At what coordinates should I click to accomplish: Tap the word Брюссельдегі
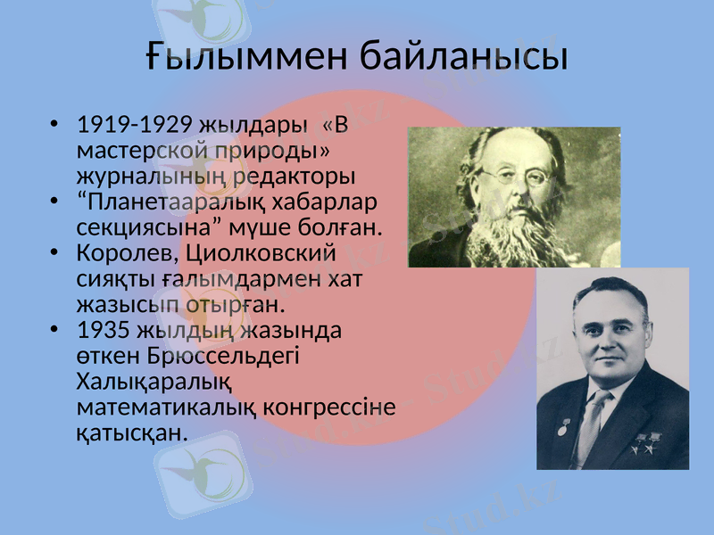point(223,356)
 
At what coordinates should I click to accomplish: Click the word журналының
point(154,174)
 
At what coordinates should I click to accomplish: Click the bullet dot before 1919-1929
point(56,124)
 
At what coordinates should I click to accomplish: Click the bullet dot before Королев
point(56,254)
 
